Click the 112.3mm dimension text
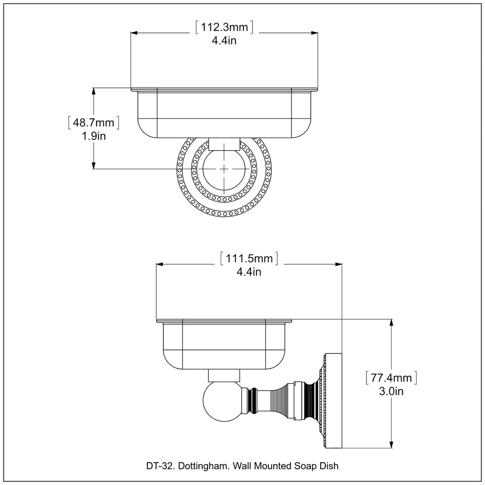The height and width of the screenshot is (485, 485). coord(224,27)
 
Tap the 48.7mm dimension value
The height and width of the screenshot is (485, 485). coord(93,123)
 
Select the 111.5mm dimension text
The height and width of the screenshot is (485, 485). coord(249,259)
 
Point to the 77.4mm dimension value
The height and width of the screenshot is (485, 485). coord(391,378)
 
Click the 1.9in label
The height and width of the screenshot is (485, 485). coord(93,136)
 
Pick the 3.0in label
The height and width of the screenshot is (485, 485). coord(391,391)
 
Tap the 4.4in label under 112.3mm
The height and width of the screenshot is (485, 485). coord(224,41)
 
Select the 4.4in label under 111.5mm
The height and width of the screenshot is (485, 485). coord(249,272)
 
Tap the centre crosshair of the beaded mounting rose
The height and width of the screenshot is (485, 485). coord(224,169)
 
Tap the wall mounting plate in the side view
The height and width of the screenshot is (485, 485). coord(333,400)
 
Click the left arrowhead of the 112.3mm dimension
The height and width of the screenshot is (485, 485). coord(134,33)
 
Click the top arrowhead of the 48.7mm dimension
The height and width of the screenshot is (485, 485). coord(94,91)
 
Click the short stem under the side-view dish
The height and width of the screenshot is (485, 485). coord(224,376)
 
